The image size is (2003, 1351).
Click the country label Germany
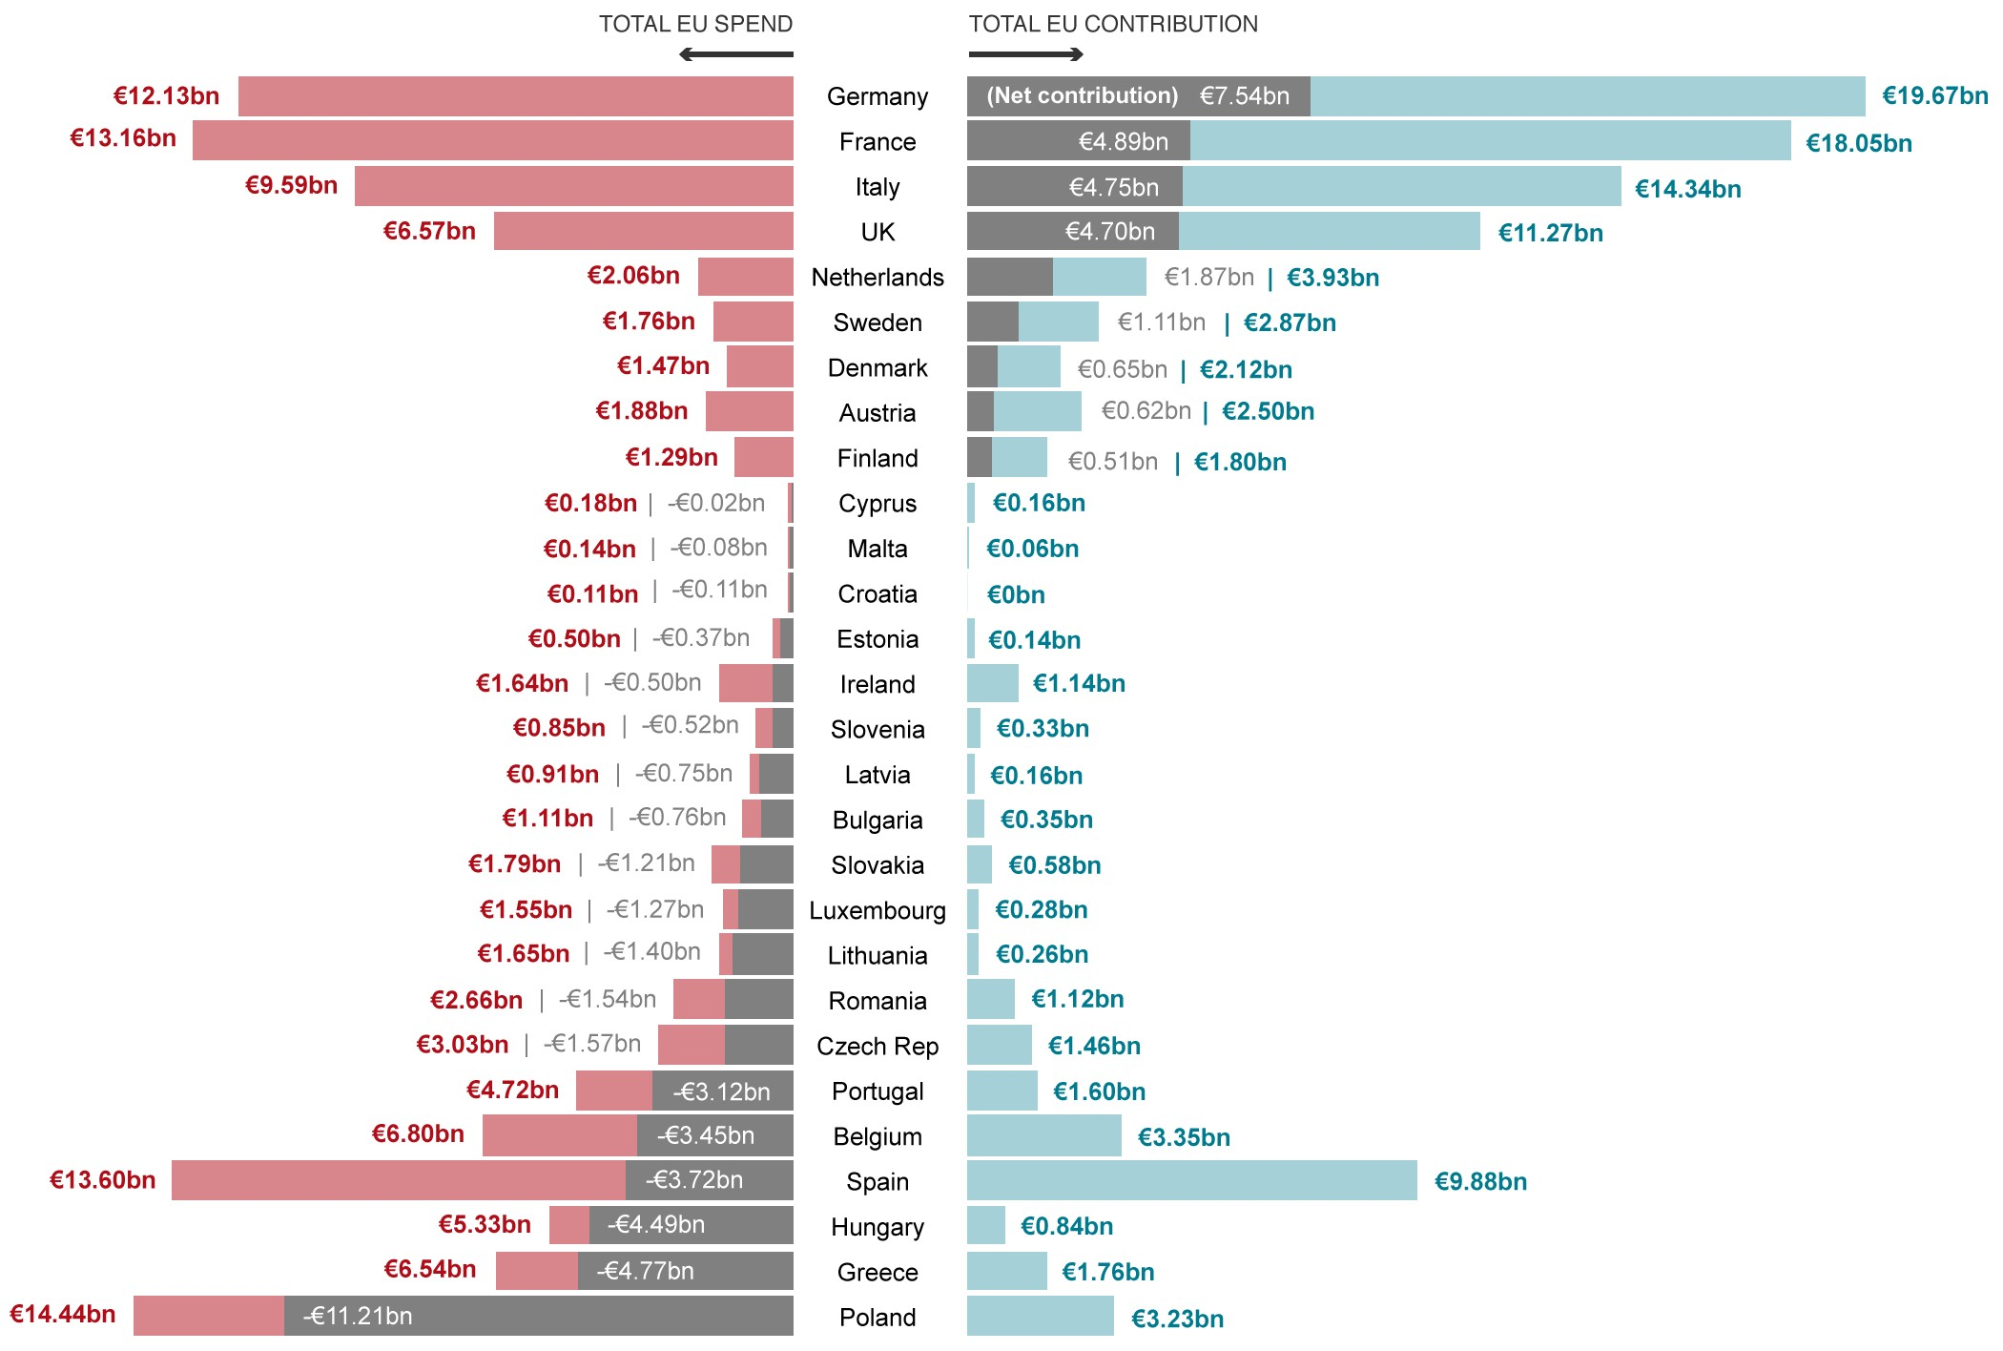(877, 96)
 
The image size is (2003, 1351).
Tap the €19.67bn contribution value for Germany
(1934, 95)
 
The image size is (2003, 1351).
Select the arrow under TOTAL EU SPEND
(735, 54)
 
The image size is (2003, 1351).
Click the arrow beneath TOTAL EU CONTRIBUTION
(1026, 54)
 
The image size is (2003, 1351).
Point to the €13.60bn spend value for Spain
(102, 1180)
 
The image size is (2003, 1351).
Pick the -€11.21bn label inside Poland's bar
(358, 1316)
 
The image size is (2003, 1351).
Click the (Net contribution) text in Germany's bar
(1082, 95)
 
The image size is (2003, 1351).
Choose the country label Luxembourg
(877, 910)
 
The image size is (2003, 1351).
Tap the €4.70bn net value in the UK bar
(1109, 231)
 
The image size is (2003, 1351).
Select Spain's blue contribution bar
(1191, 1180)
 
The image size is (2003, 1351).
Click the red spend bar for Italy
(573, 186)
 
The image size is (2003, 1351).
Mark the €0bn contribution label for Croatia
(1016, 595)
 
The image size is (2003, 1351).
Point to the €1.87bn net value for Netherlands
(1208, 277)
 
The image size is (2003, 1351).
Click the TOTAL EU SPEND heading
(695, 24)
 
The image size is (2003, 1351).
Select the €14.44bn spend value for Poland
(62, 1314)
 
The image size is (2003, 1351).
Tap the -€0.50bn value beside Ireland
(654, 682)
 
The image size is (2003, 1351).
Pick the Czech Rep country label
(877, 1046)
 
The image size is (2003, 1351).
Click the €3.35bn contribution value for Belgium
(1184, 1137)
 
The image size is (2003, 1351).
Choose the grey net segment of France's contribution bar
(1078, 141)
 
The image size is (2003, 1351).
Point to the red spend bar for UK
(643, 231)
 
